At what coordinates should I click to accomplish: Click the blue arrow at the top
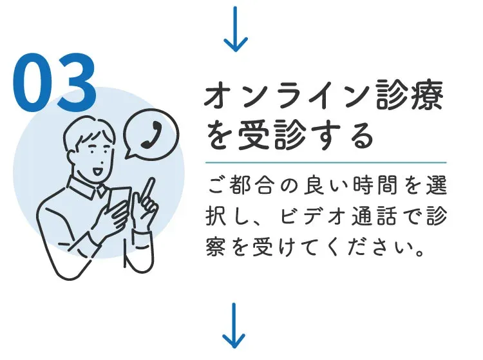point(235,29)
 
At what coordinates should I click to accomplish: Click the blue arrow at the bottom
point(234,326)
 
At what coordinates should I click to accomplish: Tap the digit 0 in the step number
point(32,83)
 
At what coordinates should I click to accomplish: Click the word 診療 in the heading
point(410,94)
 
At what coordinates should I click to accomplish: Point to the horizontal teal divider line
point(326,162)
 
